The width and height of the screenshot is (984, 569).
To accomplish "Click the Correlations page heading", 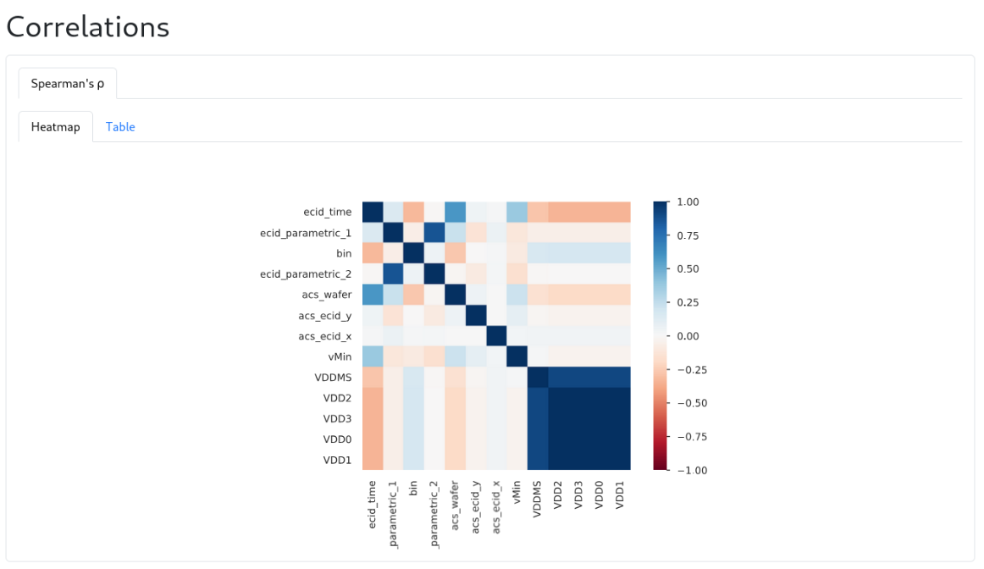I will (88, 27).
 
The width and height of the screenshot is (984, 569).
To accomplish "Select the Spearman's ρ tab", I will (68, 83).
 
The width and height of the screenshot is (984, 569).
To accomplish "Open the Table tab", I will (120, 127).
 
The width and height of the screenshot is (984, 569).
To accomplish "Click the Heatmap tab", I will (56, 127).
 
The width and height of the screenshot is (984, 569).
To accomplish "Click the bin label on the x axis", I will (414, 489).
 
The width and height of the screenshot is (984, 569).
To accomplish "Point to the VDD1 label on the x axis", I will (620, 494).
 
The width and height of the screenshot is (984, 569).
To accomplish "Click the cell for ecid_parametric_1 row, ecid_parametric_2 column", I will (434, 233).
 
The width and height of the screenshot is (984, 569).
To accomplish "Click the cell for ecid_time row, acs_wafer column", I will (456, 212).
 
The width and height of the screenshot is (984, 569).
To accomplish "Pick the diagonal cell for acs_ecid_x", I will (496, 335).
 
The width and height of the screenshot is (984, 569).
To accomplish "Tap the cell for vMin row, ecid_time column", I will (373, 356).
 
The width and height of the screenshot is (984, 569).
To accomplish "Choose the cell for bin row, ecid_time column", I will (373, 253).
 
